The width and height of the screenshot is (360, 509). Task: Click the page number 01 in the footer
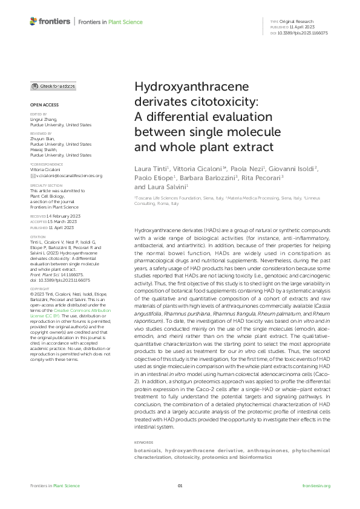(180, 486)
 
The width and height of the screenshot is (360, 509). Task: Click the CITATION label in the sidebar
(37, 236)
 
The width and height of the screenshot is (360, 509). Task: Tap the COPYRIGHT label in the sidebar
(39, 289)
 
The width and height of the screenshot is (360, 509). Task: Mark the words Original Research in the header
(298, 21)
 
